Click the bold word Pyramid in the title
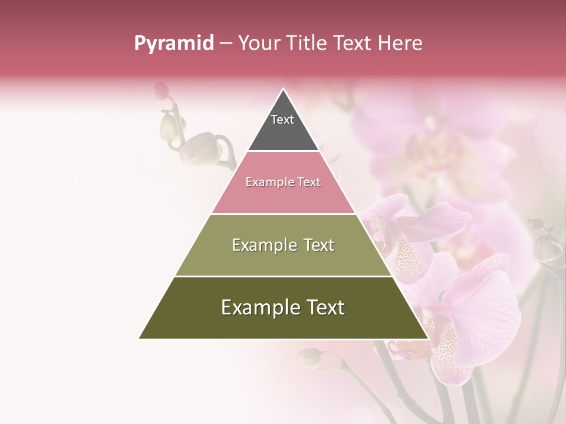click(x=174, y=43)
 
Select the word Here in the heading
click(x=400, y=43)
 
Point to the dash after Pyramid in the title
click(x=226, y=44)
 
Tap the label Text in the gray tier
click(x=282, y=120)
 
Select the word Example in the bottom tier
click(x=259, y=307)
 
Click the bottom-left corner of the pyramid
click(x=140, y=338)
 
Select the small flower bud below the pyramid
click(x=310, y=357)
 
